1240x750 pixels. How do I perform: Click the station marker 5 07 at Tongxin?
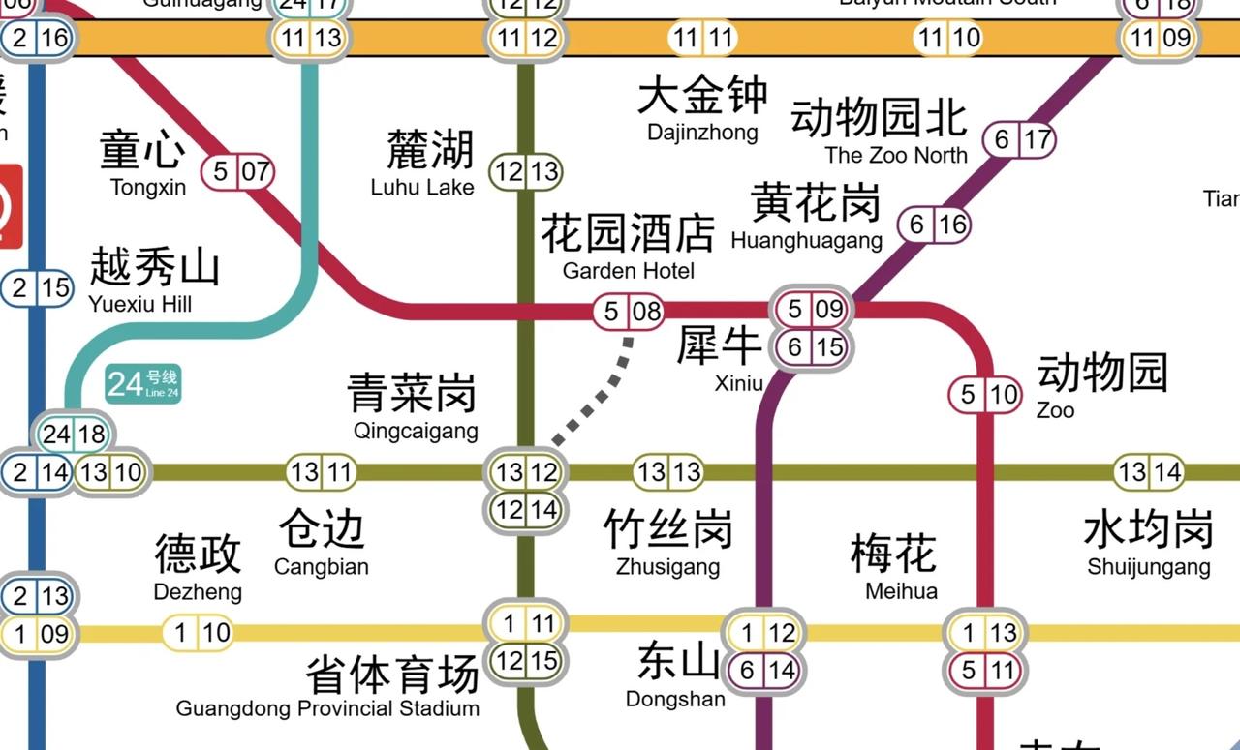[x=238, y=173]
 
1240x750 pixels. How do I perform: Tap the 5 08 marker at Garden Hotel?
[x=629, y=312]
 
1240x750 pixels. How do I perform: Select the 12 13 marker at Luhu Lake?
[x=526, y=172]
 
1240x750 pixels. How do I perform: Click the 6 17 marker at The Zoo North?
[x=1019, y=140]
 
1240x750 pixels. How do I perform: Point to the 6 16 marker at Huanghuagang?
[x=934, y=225]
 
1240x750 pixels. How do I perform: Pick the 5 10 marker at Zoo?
[x=985, y=395]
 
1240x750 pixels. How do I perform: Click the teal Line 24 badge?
[x=143, y=384]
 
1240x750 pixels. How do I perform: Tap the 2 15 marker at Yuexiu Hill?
[x=37, y=287]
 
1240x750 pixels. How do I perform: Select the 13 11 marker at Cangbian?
[x=322, y=473]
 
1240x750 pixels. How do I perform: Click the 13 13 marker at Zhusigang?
[x=668, y=473]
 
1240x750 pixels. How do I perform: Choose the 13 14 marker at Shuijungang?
[x=1149, y=473]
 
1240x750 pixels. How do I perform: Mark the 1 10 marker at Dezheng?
[x=198, y=634]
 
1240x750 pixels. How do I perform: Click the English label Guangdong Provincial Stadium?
[x=327, y=708]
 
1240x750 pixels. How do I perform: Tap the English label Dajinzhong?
[x=702, y=133]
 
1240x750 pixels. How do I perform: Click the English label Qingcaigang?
[x=416, y=431]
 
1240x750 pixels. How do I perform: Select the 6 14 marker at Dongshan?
[x=764, y=670]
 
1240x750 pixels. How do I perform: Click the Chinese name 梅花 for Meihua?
[x=893, y=554]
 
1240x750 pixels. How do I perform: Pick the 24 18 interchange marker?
[x=74, y=435]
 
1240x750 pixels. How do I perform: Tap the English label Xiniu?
[x=739, y=383]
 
